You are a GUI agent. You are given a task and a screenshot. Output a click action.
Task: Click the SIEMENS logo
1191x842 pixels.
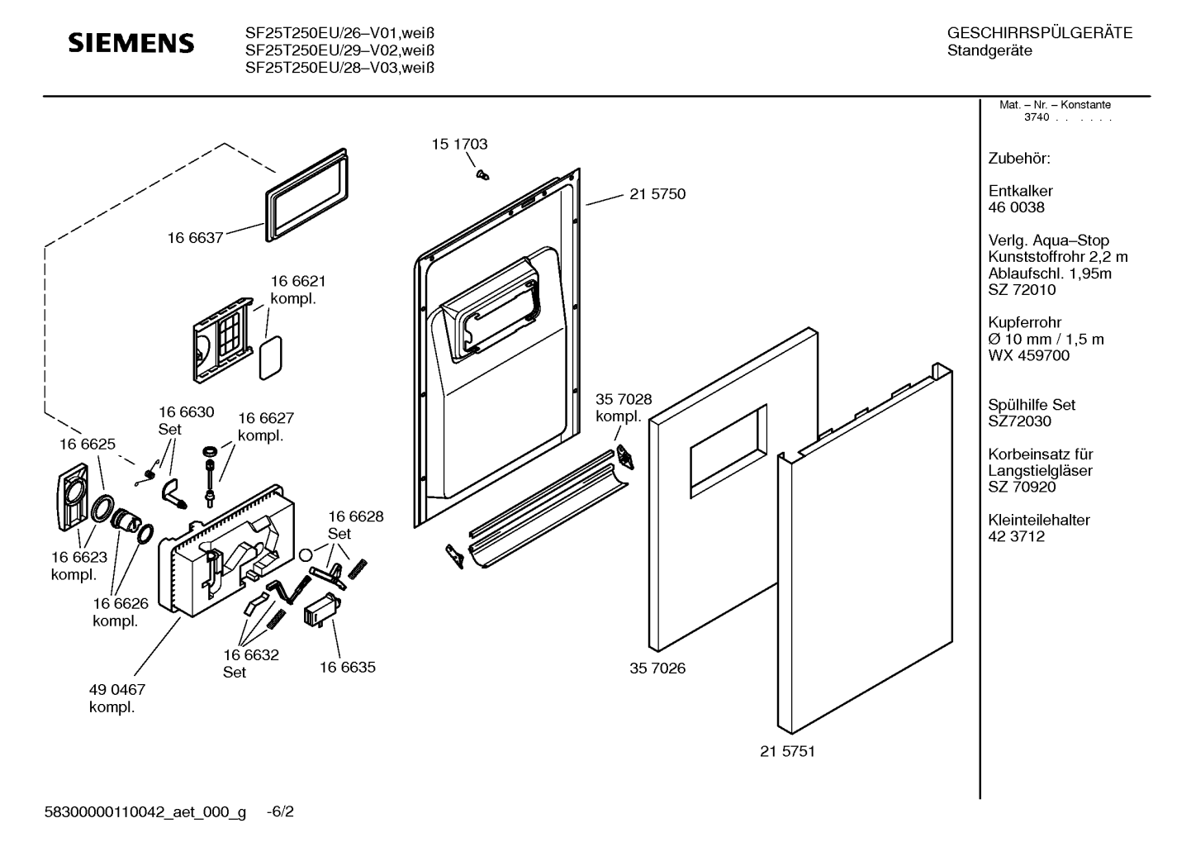pos(131,43)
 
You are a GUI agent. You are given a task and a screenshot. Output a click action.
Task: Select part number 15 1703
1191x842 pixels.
pos(459,144)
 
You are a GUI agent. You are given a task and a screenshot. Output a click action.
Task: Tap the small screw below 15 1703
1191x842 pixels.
pos(482,174)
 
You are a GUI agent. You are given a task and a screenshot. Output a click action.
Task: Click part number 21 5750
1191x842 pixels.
pos(657,194)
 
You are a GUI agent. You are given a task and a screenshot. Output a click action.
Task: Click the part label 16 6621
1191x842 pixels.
pos(298,282)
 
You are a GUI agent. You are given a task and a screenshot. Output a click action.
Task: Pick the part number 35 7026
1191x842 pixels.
pos(657,668)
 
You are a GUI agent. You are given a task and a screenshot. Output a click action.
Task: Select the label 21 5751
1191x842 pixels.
pos(787,751)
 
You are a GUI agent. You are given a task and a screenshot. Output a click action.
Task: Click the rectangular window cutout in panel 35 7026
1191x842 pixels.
pos(727,450)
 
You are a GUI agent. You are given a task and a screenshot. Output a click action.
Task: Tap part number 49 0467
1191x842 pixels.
pos(116,689)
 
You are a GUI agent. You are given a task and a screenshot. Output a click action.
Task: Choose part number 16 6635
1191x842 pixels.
pos(347,667)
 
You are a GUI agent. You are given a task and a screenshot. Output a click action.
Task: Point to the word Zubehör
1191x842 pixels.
pos(1019,158)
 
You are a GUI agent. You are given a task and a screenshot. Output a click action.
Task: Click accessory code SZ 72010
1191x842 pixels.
pos(1022,290)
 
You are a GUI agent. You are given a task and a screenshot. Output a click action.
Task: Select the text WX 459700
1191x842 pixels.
pos(1028,355)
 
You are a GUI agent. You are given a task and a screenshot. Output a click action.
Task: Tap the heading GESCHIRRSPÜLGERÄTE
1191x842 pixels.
pos(1039,33)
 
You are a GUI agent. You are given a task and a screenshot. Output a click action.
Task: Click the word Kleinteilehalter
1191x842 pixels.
pos(1038,520)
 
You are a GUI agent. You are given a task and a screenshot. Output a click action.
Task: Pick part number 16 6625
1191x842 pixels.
pos(87,444)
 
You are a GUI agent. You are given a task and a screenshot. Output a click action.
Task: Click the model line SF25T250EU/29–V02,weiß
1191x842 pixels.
pos(339,50)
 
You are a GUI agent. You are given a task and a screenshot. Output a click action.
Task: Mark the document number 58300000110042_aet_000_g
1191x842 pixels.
pos(145,812)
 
